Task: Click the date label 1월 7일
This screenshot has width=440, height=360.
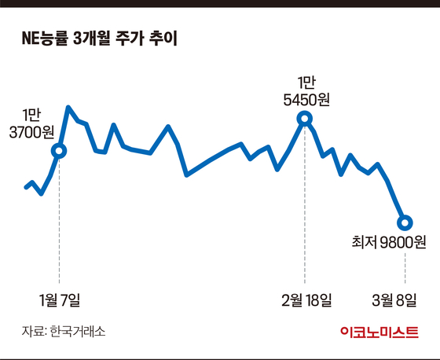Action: coord(60,300)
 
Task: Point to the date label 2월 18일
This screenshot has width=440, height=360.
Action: coord(306,300)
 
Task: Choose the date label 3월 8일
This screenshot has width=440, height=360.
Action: coord(394,300)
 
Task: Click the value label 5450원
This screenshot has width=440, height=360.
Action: coord(306,99)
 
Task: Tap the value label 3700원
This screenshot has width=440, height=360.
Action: coord(31,132)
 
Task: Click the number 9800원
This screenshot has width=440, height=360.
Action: coord(403,242)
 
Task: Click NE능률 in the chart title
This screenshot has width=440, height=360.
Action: coord(45,38)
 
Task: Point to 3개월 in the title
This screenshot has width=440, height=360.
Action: coord(91,38)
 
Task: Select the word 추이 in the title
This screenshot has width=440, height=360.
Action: coord(163,38)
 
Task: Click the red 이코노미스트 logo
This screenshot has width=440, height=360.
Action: coord(379,332)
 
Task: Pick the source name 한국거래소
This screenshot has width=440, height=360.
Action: coord(78,332)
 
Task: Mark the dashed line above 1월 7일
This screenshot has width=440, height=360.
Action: coord(59,221)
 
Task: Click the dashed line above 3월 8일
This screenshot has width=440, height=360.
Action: coord(405,268)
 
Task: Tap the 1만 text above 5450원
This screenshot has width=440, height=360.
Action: coord(306,83)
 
